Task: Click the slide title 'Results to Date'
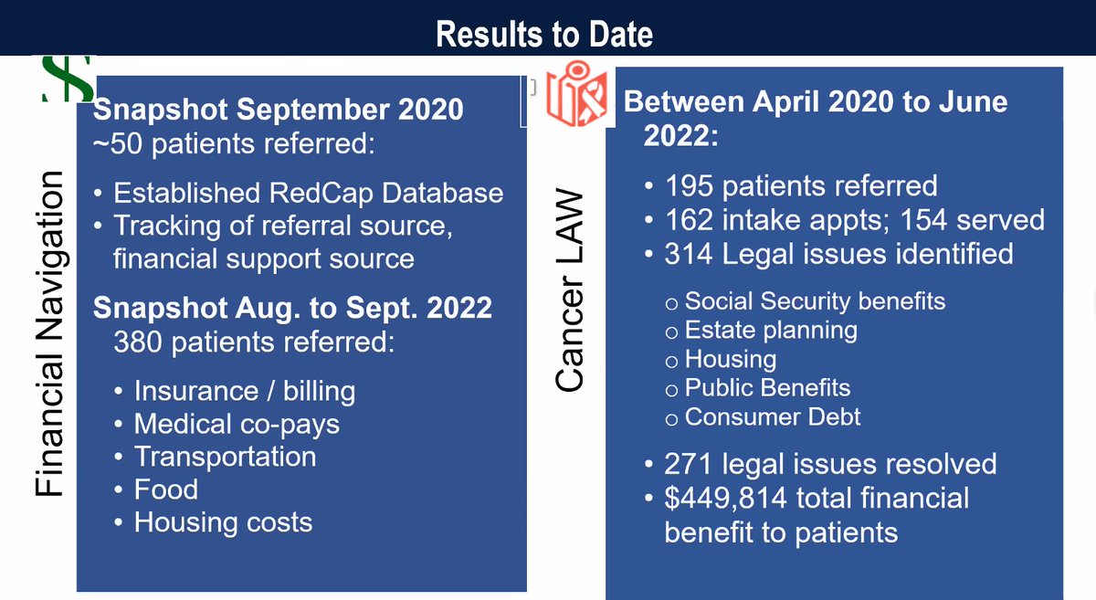tap(544, 35)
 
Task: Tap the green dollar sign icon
tap(68, 79)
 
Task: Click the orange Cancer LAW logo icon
tap(577, 93)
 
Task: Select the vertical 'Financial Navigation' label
tap(49, 333)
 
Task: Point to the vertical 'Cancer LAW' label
tap(570, 289)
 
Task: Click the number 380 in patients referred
tap(138, 342)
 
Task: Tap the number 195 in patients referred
tap(689, 186)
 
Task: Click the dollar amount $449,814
tap(725, 499)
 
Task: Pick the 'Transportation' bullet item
tap(225, 457)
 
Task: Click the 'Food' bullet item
tap(166, 489)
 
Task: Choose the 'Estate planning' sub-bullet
tap(771, 331)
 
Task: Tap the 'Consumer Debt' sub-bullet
tap(772, 417)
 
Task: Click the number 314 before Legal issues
tap(689, 254)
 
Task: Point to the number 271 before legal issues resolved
tap(688, 464)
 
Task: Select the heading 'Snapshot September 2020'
tap(278, 109)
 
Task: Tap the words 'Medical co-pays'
tap(237, 425)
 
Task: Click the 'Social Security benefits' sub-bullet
tap(815, 301)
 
